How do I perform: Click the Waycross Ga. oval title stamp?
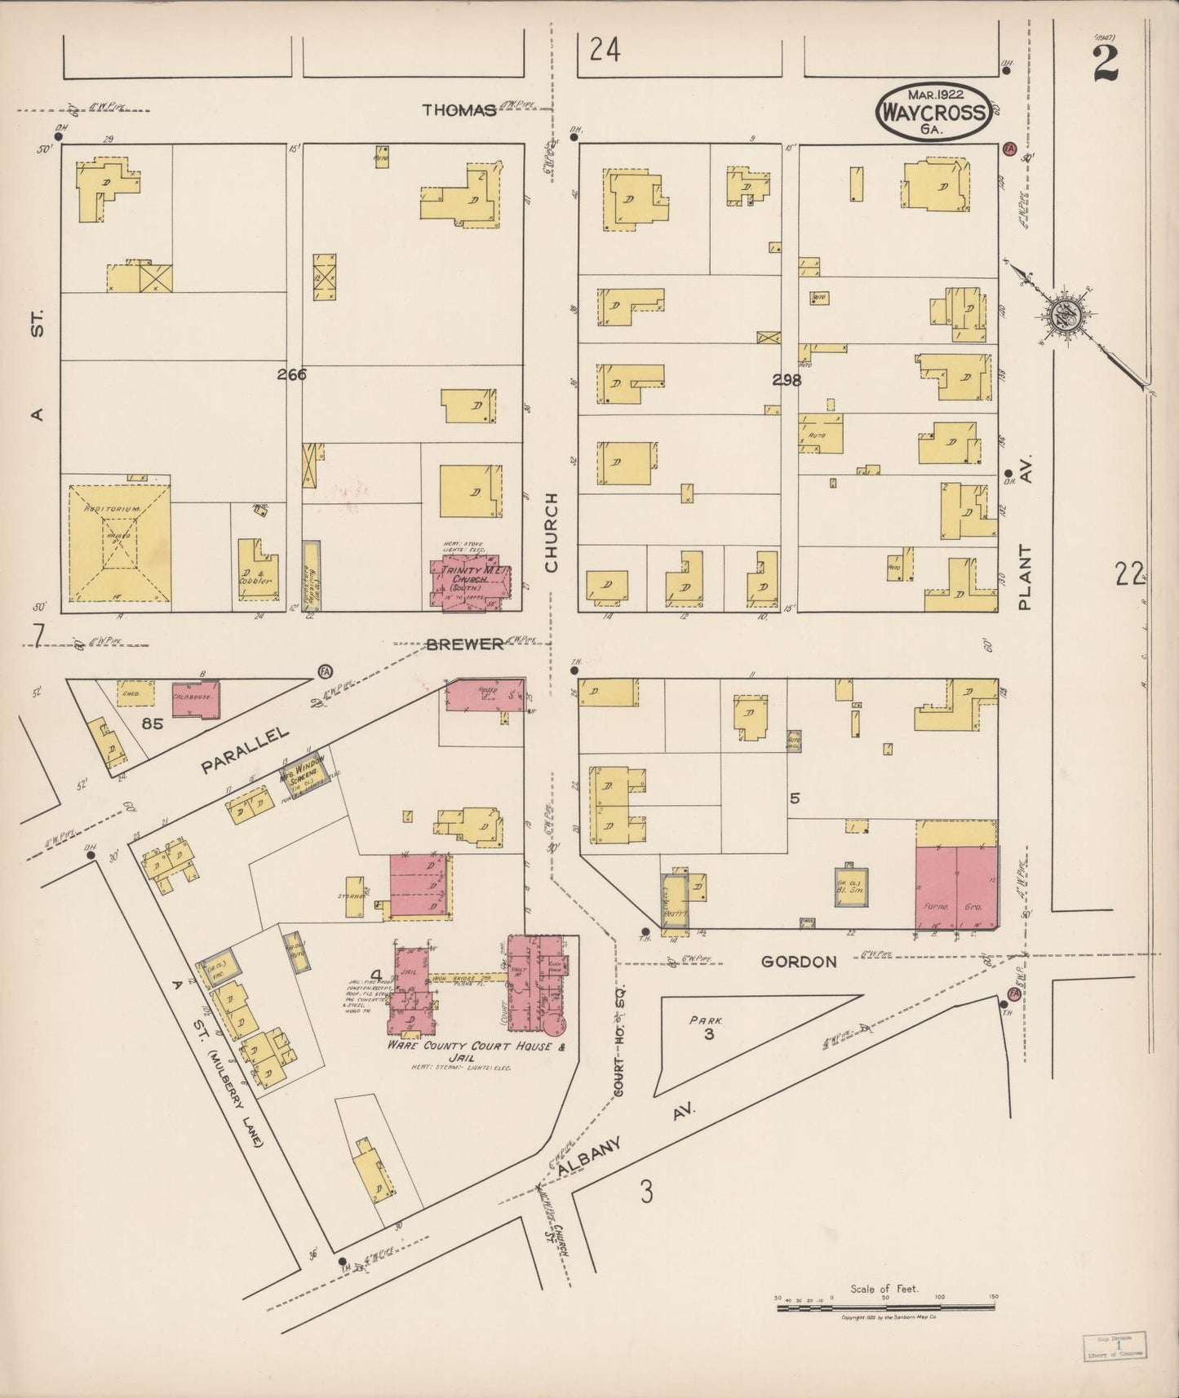click(x=934, y=110)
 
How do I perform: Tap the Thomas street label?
click(x=459, y=110)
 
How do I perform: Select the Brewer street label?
click(x=464, y=644)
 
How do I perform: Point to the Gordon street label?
click(x=799, y=962)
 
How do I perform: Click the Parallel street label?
click(x=246, y=750)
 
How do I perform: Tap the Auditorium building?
click(x=119, y=542)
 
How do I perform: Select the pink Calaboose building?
click(x=196, y=700)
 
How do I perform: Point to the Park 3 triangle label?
click(x=704, y=1027)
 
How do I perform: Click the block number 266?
click(x=290, y=374)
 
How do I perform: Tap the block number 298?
click(x=787, y=379)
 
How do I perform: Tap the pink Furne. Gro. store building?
click(x=955, y=887)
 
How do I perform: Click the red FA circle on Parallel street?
click(x=325, y=670)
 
